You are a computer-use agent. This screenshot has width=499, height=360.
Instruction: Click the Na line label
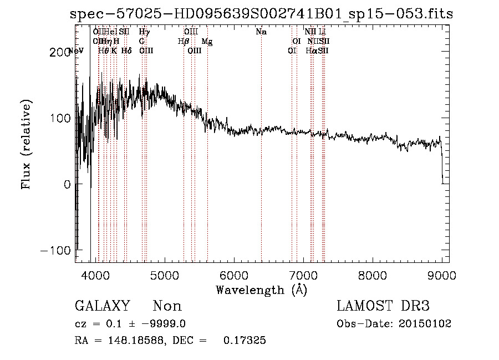pyautogui.click(x=261, y=32)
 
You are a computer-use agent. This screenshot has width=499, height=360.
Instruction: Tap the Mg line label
pyautogui.click(x=206, y=41)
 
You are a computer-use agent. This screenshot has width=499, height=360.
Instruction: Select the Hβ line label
pyautogui.click(x=182, y=41)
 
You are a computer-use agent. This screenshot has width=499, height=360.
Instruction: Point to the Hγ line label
pyautogui.click(x=144, y=32)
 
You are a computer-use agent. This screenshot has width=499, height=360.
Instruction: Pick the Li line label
pyautogui.click(x=322, y=32)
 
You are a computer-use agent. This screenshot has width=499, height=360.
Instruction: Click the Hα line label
pyautogui.click(x=311, y=50)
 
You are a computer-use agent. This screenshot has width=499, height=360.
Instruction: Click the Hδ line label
pyautogui.click(x=126, y=50)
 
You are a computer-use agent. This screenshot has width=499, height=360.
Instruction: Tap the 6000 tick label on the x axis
pyautogui.click(x=233, y=275)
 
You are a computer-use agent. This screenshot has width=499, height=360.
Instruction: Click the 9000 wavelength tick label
pyautogui.click(x=442, y=275)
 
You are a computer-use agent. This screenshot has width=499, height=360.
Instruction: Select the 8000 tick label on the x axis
pyautogui.click(x=373, y=275)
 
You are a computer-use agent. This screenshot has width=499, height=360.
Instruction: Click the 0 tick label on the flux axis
pyautogui.click(x=67, y=184)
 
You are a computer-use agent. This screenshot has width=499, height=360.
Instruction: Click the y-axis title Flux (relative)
pyautogui.click(x=27, y=144)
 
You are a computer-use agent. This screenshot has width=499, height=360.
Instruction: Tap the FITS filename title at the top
pyautogui.click(x=261, y=14)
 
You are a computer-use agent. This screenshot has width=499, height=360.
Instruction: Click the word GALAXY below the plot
pyautogui.click(x=103, y=306)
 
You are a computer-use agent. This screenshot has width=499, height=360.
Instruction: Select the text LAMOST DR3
pyautogui.click(x=383, y=306)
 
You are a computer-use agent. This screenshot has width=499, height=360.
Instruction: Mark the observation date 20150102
pyautogui.click(x=424, y=323)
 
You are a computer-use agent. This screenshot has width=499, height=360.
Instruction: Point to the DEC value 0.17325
pyautogui.click(x=244, y=341)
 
